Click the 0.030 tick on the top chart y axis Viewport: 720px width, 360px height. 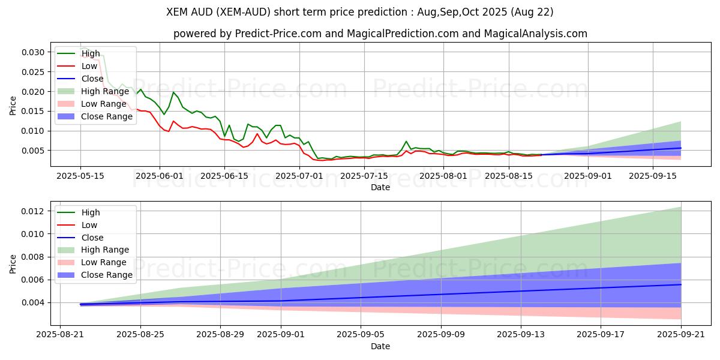34,52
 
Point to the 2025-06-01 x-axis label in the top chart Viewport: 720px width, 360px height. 159,176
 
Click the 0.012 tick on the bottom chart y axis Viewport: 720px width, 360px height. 34,211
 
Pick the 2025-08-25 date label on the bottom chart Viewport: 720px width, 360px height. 140,335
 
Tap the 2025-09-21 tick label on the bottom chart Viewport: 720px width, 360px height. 681,335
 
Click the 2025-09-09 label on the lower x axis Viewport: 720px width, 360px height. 441,335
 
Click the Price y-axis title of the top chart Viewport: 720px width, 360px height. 13,104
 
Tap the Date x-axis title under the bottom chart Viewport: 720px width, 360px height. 380,346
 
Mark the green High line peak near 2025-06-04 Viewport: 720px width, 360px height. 173,92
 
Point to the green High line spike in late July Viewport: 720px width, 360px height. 406,141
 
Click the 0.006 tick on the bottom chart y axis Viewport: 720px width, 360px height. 34,280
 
